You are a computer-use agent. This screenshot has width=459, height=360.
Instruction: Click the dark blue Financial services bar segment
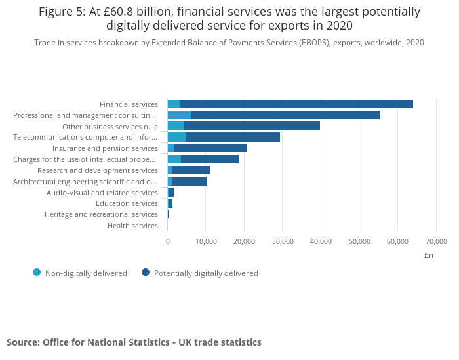click(x=296, y=104)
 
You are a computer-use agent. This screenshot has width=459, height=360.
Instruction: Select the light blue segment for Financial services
click(x=174, y=104)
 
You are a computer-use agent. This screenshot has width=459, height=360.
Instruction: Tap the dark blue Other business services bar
click(x=252, y=126)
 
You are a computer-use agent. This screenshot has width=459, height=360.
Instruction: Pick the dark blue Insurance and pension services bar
click(x=210, y=148)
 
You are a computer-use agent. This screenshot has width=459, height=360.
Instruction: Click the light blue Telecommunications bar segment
click(x=177, y=137)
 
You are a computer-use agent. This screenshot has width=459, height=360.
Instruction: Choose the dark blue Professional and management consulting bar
click(x=285, y=115)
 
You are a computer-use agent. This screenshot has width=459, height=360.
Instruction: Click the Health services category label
click(x=133, y=226)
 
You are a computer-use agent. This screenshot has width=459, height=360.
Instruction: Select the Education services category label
click(x=127, y=203)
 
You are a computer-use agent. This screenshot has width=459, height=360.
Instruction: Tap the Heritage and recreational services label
click(x=101, y=214)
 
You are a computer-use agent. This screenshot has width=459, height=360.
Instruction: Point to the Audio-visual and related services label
click(x=102, y=193)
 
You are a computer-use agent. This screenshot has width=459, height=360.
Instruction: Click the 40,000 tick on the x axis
click(x=321, y=241)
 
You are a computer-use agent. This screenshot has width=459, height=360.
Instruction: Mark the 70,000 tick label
click(x=436, y=241)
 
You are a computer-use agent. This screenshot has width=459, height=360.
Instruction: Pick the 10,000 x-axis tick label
click(x=206, y=241)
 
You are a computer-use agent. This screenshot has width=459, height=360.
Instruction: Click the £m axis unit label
click(x=430, y=255)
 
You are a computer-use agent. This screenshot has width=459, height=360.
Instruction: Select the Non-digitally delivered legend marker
click(x=37, y=273)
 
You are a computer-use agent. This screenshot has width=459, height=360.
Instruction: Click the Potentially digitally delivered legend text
click(x=206, y=273)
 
